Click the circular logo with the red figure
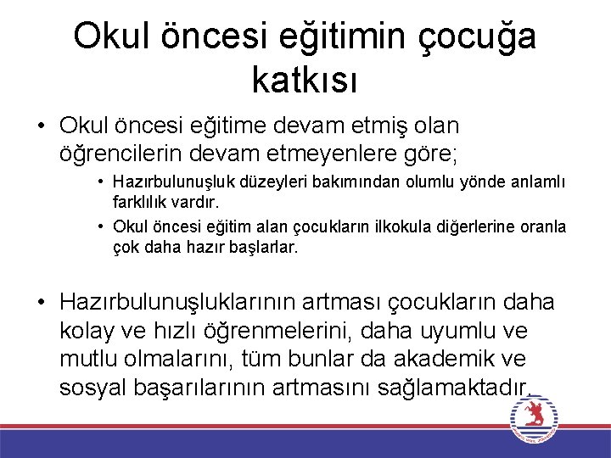(x=533, y=416)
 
